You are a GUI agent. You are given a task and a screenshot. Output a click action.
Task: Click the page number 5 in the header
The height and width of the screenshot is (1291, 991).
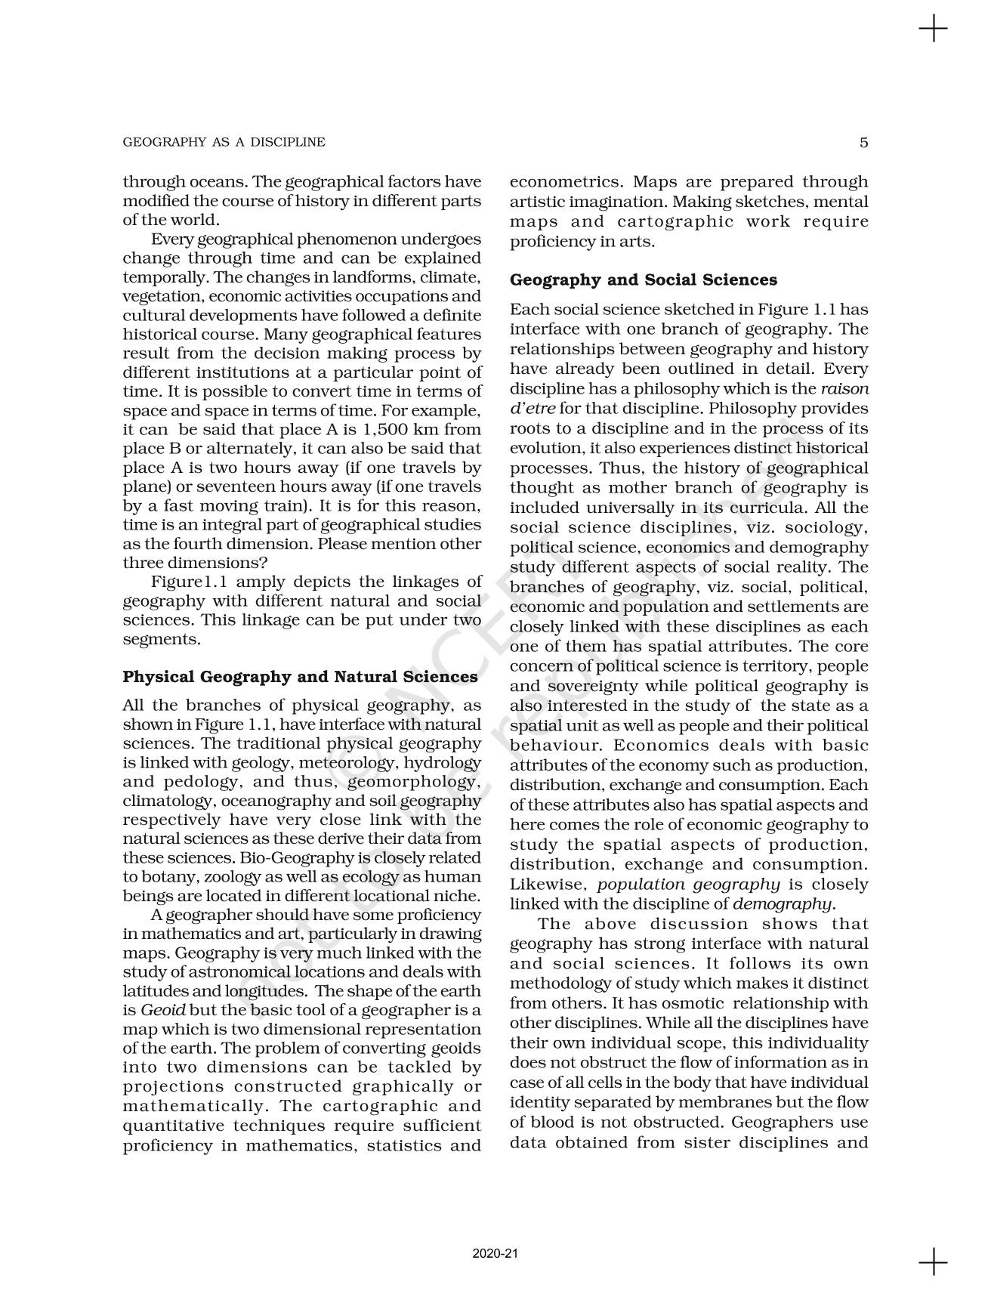tap(863, 142)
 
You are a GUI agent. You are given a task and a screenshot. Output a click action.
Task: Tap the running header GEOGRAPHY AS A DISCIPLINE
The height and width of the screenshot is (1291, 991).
tap(224, 142)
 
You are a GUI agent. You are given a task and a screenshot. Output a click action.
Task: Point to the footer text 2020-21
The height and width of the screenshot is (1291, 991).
tap(495, 1254)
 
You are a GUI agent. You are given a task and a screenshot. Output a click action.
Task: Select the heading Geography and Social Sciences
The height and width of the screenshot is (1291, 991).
tap(643, 280)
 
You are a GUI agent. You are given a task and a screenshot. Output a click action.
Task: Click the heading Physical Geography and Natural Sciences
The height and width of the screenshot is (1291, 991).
tap(300, 677)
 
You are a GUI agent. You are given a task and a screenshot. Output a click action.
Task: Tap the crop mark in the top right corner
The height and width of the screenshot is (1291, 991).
tap(934, 29)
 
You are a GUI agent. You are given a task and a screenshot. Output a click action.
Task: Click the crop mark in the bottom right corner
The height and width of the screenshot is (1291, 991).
tap(934, 1262)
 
